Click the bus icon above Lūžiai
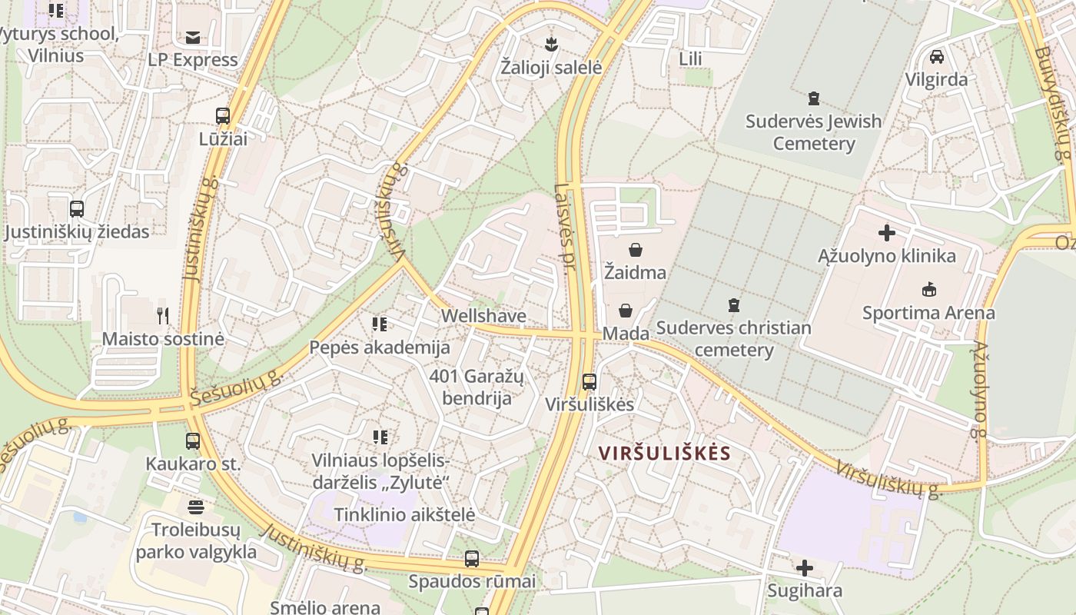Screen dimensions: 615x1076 (223, 116)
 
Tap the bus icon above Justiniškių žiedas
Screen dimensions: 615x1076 (77, 208)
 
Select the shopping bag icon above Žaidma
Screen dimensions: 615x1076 (636, 250)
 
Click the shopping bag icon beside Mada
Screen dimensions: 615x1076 (626, 311)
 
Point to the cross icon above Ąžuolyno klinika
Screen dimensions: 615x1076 (887, 232)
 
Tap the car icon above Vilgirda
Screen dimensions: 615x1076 (937, 56)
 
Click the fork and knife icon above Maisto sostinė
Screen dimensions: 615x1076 (163, 315)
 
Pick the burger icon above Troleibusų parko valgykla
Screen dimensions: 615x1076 (196, 507)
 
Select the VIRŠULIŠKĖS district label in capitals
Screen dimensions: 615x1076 (665, 453)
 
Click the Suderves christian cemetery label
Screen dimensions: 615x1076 (733, 339)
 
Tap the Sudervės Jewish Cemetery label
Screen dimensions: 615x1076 (813, 132)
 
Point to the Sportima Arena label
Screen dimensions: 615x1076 (928, 313)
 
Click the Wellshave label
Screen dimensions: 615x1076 (483, 316)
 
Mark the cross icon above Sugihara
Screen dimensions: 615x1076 (805, 568)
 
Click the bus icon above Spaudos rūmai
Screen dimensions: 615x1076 (472, 559)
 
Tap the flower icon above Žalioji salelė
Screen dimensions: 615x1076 (550, 43)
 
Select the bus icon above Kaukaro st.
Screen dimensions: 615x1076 (193, 441)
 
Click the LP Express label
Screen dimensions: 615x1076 (193, 60)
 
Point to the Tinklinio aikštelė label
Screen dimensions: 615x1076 (404, 514)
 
